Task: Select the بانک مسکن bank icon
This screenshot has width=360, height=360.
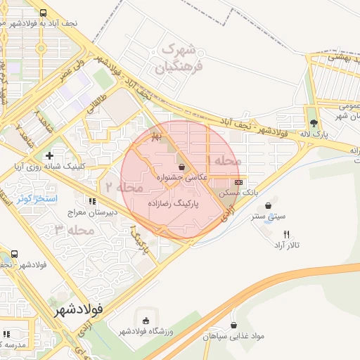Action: (x=238, y=181)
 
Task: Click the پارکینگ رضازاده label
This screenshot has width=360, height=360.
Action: (x=174, y=202)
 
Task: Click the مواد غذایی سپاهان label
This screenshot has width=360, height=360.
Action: (x=234, y=337)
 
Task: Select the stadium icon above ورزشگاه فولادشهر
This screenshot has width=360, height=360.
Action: (x=146, y=321)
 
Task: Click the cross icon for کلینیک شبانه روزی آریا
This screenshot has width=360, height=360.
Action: (x=49, y=155)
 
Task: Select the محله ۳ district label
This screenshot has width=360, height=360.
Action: (x=73, y=230)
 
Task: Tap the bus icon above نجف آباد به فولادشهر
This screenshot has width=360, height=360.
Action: (x=44, y=13)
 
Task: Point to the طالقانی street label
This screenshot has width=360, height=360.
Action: (x=98, y=105)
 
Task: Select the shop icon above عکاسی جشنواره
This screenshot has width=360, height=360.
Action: (x=183, y=167)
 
